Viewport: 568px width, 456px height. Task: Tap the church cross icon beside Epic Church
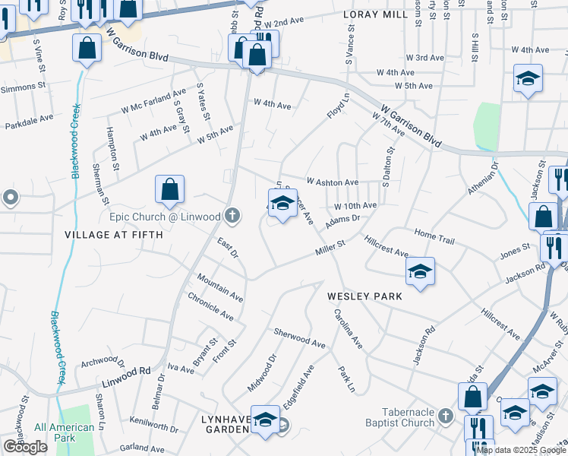coord(232,217)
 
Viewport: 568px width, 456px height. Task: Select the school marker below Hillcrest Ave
coord(420,272)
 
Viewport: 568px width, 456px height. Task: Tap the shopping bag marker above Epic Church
coord(170,190)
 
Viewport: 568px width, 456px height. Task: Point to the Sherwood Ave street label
coord(299,338)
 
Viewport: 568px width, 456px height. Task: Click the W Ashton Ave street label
coord(332,182)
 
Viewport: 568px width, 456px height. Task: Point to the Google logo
coord(26,447)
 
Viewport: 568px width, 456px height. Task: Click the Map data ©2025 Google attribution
coord(520,450)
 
